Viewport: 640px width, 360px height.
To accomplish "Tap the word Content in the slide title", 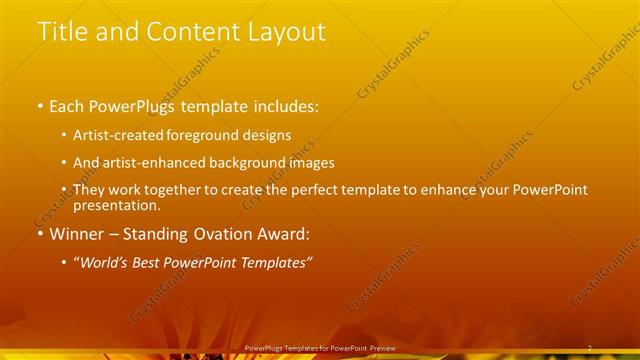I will pyautogui.click(x=191, y=32).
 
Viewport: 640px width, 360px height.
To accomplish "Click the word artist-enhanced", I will pyautogui.click(x=158, y=162).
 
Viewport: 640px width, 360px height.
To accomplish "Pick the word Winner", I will pyautogui.click(x=79, y=235).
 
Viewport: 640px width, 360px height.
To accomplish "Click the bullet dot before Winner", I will pyautogui.click(x=39, y=236).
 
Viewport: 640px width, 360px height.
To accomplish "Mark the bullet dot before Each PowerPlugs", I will pyautogui.click(x=39, y=107).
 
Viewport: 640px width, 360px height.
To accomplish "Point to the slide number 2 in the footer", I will pyautogui.click(x=589, y=347).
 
